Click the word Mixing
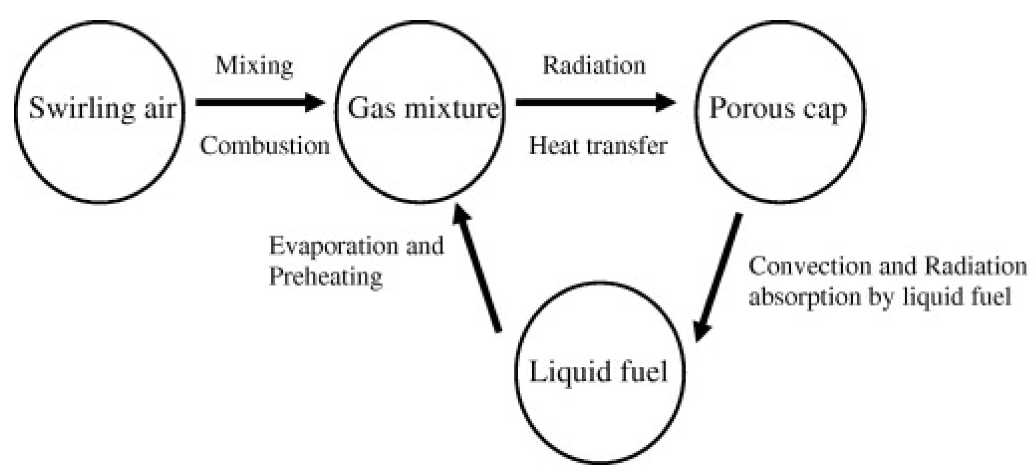click(x=254, y=66)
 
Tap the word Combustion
click(x=265, y=146)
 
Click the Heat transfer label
click(x=598, y=146)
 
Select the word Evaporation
click(x=334, y=246)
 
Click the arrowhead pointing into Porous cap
click(x=665, y=102)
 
